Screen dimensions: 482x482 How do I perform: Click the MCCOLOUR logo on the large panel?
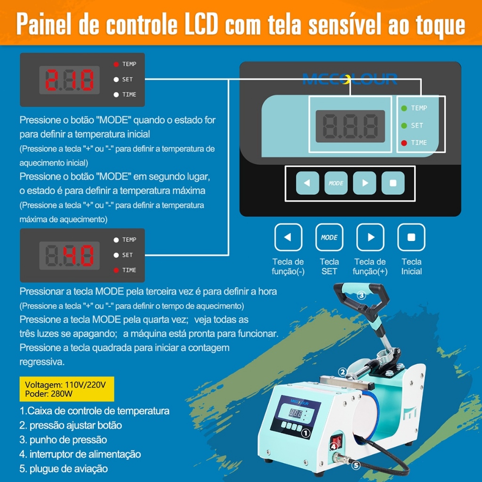pyautogui.click(x=350, y=79)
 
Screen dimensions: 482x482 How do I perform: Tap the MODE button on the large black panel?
pyautogui.click(x=336, y=183)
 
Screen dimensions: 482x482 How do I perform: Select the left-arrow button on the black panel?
pyautogui.click(x=307, y=183)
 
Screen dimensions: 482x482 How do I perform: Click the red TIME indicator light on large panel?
pyautogui.click(x=404, y=143)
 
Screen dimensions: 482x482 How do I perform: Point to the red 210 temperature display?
pyautogui.click(x=70, y=80)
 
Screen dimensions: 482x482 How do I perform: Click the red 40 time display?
pyautogui.click(x=78, y=256)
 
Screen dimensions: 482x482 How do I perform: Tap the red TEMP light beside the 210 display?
pyautogui.click(x=116, y=64)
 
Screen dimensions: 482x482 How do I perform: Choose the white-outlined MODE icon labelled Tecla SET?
pyautogui.click(x=329, y=237)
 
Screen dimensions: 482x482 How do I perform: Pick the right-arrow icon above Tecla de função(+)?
pyautogui.click(x=370, y=237)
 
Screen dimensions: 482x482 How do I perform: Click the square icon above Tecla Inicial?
pyautogui.click(x=411, y=237)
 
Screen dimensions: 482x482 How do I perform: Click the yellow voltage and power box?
pyautogui.click(x=67, y=389)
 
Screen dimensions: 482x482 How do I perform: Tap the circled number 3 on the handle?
pyautogui.click(x=361, y=296)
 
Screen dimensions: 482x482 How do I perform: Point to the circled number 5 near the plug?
pyautogui.click(x=356, y=466)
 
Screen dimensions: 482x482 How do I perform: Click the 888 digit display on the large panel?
pyautogui.click(x=350, y=126)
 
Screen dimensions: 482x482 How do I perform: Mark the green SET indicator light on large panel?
pyautogui.click(x=404, y=126)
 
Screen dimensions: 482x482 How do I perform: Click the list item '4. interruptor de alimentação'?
pyautogui.click(x=80, y=454)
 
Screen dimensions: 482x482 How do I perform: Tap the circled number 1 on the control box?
pyautogui.click(x=305, y=433)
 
